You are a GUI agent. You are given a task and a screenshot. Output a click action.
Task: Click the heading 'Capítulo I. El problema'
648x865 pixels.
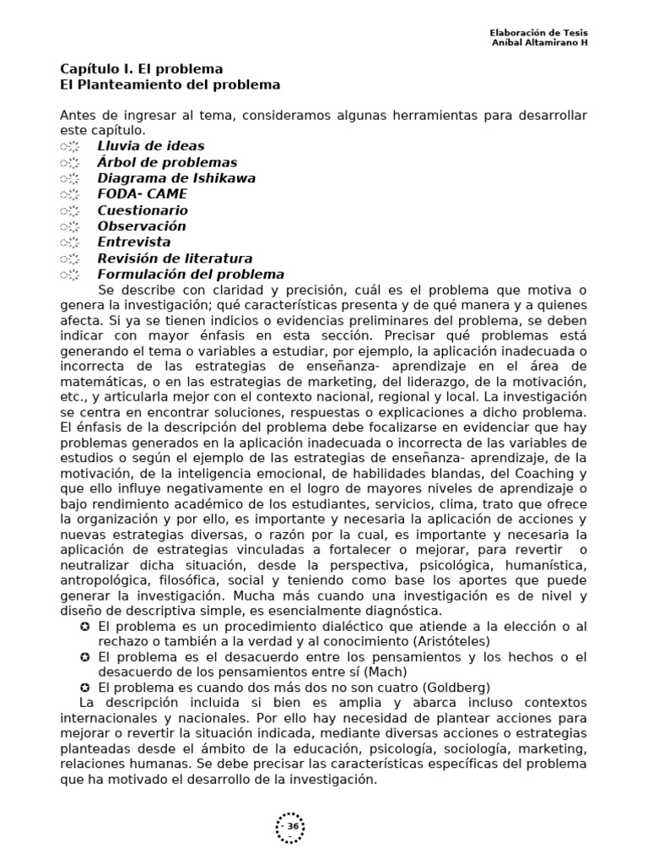coord(141,69)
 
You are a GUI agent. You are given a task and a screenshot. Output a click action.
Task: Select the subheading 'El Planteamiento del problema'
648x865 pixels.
coord(170,85)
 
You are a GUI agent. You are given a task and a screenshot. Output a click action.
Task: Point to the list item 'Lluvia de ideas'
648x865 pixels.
coord(151,146)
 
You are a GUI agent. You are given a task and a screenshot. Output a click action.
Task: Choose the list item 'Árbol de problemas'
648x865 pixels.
coord(167,162)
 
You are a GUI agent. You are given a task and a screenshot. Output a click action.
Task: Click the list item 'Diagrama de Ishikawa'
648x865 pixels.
coord(176,178)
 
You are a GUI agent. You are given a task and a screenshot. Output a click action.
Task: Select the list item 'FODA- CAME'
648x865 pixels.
coord(143,194)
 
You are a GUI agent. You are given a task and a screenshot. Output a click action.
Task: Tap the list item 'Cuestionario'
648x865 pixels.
coord(143,210)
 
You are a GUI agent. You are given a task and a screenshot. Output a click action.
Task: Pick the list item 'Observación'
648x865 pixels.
coord(142,226)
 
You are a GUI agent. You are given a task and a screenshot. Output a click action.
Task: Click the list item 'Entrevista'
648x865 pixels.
coord(134,242)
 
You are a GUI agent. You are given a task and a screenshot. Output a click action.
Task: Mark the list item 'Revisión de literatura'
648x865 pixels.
coord(175,258)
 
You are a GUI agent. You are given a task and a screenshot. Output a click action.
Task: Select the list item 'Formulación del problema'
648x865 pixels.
coord(191,275)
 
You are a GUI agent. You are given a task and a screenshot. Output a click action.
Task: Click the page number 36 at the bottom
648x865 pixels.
coord(292,825)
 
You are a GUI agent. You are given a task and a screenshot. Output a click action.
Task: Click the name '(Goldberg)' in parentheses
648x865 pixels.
coord(456,688)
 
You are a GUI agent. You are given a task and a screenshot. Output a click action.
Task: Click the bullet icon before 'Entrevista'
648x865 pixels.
coord(70,242)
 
